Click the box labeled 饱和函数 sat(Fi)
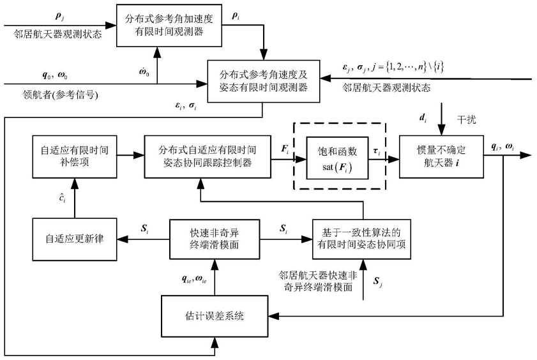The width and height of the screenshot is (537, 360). click(x=337, y=158)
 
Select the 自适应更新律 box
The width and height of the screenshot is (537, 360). click(x=75, y=239)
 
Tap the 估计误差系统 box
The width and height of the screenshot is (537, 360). click(x=215, y=316)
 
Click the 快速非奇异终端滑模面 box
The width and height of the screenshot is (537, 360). click(x=215, y=239)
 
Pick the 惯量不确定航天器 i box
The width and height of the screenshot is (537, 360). click(x=441, y=156)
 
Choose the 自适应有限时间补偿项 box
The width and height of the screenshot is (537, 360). click(x=75, y=156)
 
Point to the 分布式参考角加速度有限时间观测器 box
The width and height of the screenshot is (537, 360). click(x=169, y=26)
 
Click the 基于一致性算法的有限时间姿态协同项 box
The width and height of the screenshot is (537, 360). click(x=361, y=239)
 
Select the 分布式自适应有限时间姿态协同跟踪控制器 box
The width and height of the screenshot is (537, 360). click(x=208, y=156)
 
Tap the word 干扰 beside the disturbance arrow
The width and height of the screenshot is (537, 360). click(x=466, y=119)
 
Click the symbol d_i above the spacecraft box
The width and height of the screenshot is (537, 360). click(x=423, y=118)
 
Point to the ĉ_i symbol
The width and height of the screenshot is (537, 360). click(x=62, y=197)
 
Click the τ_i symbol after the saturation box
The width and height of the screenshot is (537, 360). click(x=377, y=151)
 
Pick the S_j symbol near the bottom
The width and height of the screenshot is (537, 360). click(x=378, y=281)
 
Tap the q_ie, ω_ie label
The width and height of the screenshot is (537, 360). click(x=194, y=279)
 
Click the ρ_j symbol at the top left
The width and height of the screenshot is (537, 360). click(x=59, y=17)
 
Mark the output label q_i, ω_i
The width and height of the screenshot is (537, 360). click(x=503, y=146)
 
